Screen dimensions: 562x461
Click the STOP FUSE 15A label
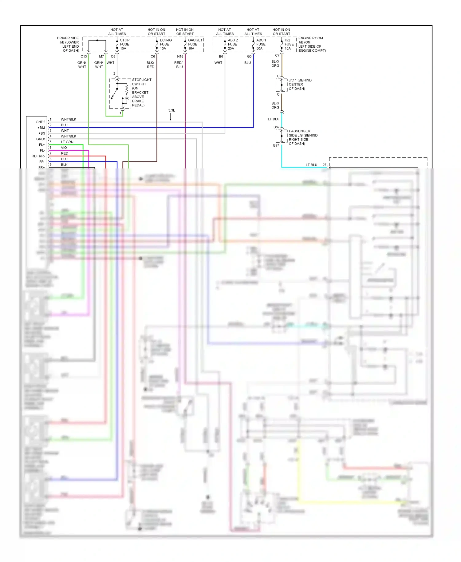pyautogui.click(x=124, y=44)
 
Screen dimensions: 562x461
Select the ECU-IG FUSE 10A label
pyautogui.click(x=165, y=44)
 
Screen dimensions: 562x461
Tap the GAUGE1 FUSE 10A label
pyautogui.click(x=195, y=44)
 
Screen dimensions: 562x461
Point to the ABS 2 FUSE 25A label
pyautogui.click(x=233, y=44)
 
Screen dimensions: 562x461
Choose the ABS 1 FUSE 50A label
pyautogui.click(x=261, y=44)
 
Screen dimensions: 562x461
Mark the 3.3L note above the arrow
pyautogui.click(x=171, y=110)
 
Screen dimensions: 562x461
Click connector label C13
pyautogui.click(x=84, y=57)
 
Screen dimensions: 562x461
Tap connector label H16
pyautogui.click(x=180, y=57)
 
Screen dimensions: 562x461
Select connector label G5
pyautogui.click(x=249, y=57)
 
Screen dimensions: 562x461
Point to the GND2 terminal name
pyautogui.click(x=40, y=122)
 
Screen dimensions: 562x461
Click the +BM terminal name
pyautogui.click(x=41, y=128)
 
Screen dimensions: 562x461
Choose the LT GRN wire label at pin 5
pyautogui.click(x=67, y=142)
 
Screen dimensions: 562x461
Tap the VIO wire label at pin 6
pyautogui.click(x=64, y=148)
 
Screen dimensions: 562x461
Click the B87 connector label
pyautogui.click(x=276, y=127)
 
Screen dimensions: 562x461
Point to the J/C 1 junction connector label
pyautogui.click(x=300, y=84)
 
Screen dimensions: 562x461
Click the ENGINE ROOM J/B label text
pyautogui.click(x=312, y=44)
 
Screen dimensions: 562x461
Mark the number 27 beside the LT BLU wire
pyautogui.click(x=324, y=165)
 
